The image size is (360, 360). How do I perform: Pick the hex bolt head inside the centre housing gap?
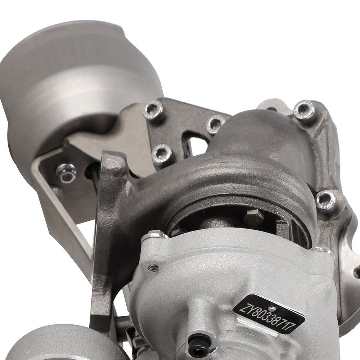(x=253, y=216)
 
